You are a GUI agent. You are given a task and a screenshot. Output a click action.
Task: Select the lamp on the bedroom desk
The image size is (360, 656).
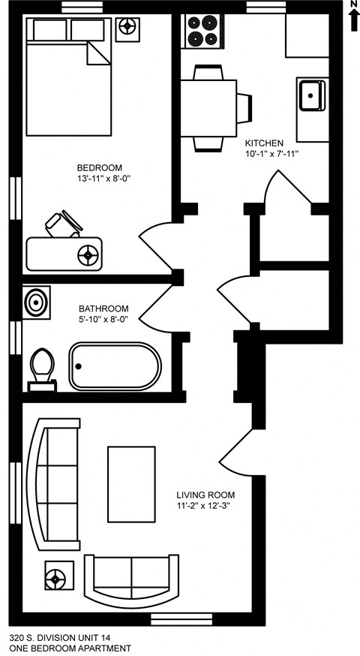[x=90, y=254]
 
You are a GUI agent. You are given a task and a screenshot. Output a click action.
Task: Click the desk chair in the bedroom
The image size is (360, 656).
[x=61, y=224]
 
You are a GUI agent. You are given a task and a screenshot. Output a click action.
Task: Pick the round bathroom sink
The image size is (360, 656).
[x=35, y=302]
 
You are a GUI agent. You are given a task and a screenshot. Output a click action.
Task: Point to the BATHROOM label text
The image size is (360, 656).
[x=103, y=308]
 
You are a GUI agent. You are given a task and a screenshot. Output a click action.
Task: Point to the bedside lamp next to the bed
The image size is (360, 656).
[x=129, y=27]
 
